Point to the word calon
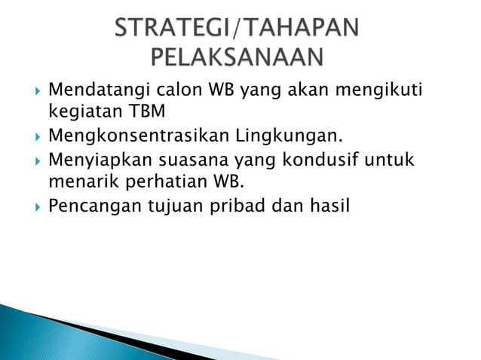click(177, 92)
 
